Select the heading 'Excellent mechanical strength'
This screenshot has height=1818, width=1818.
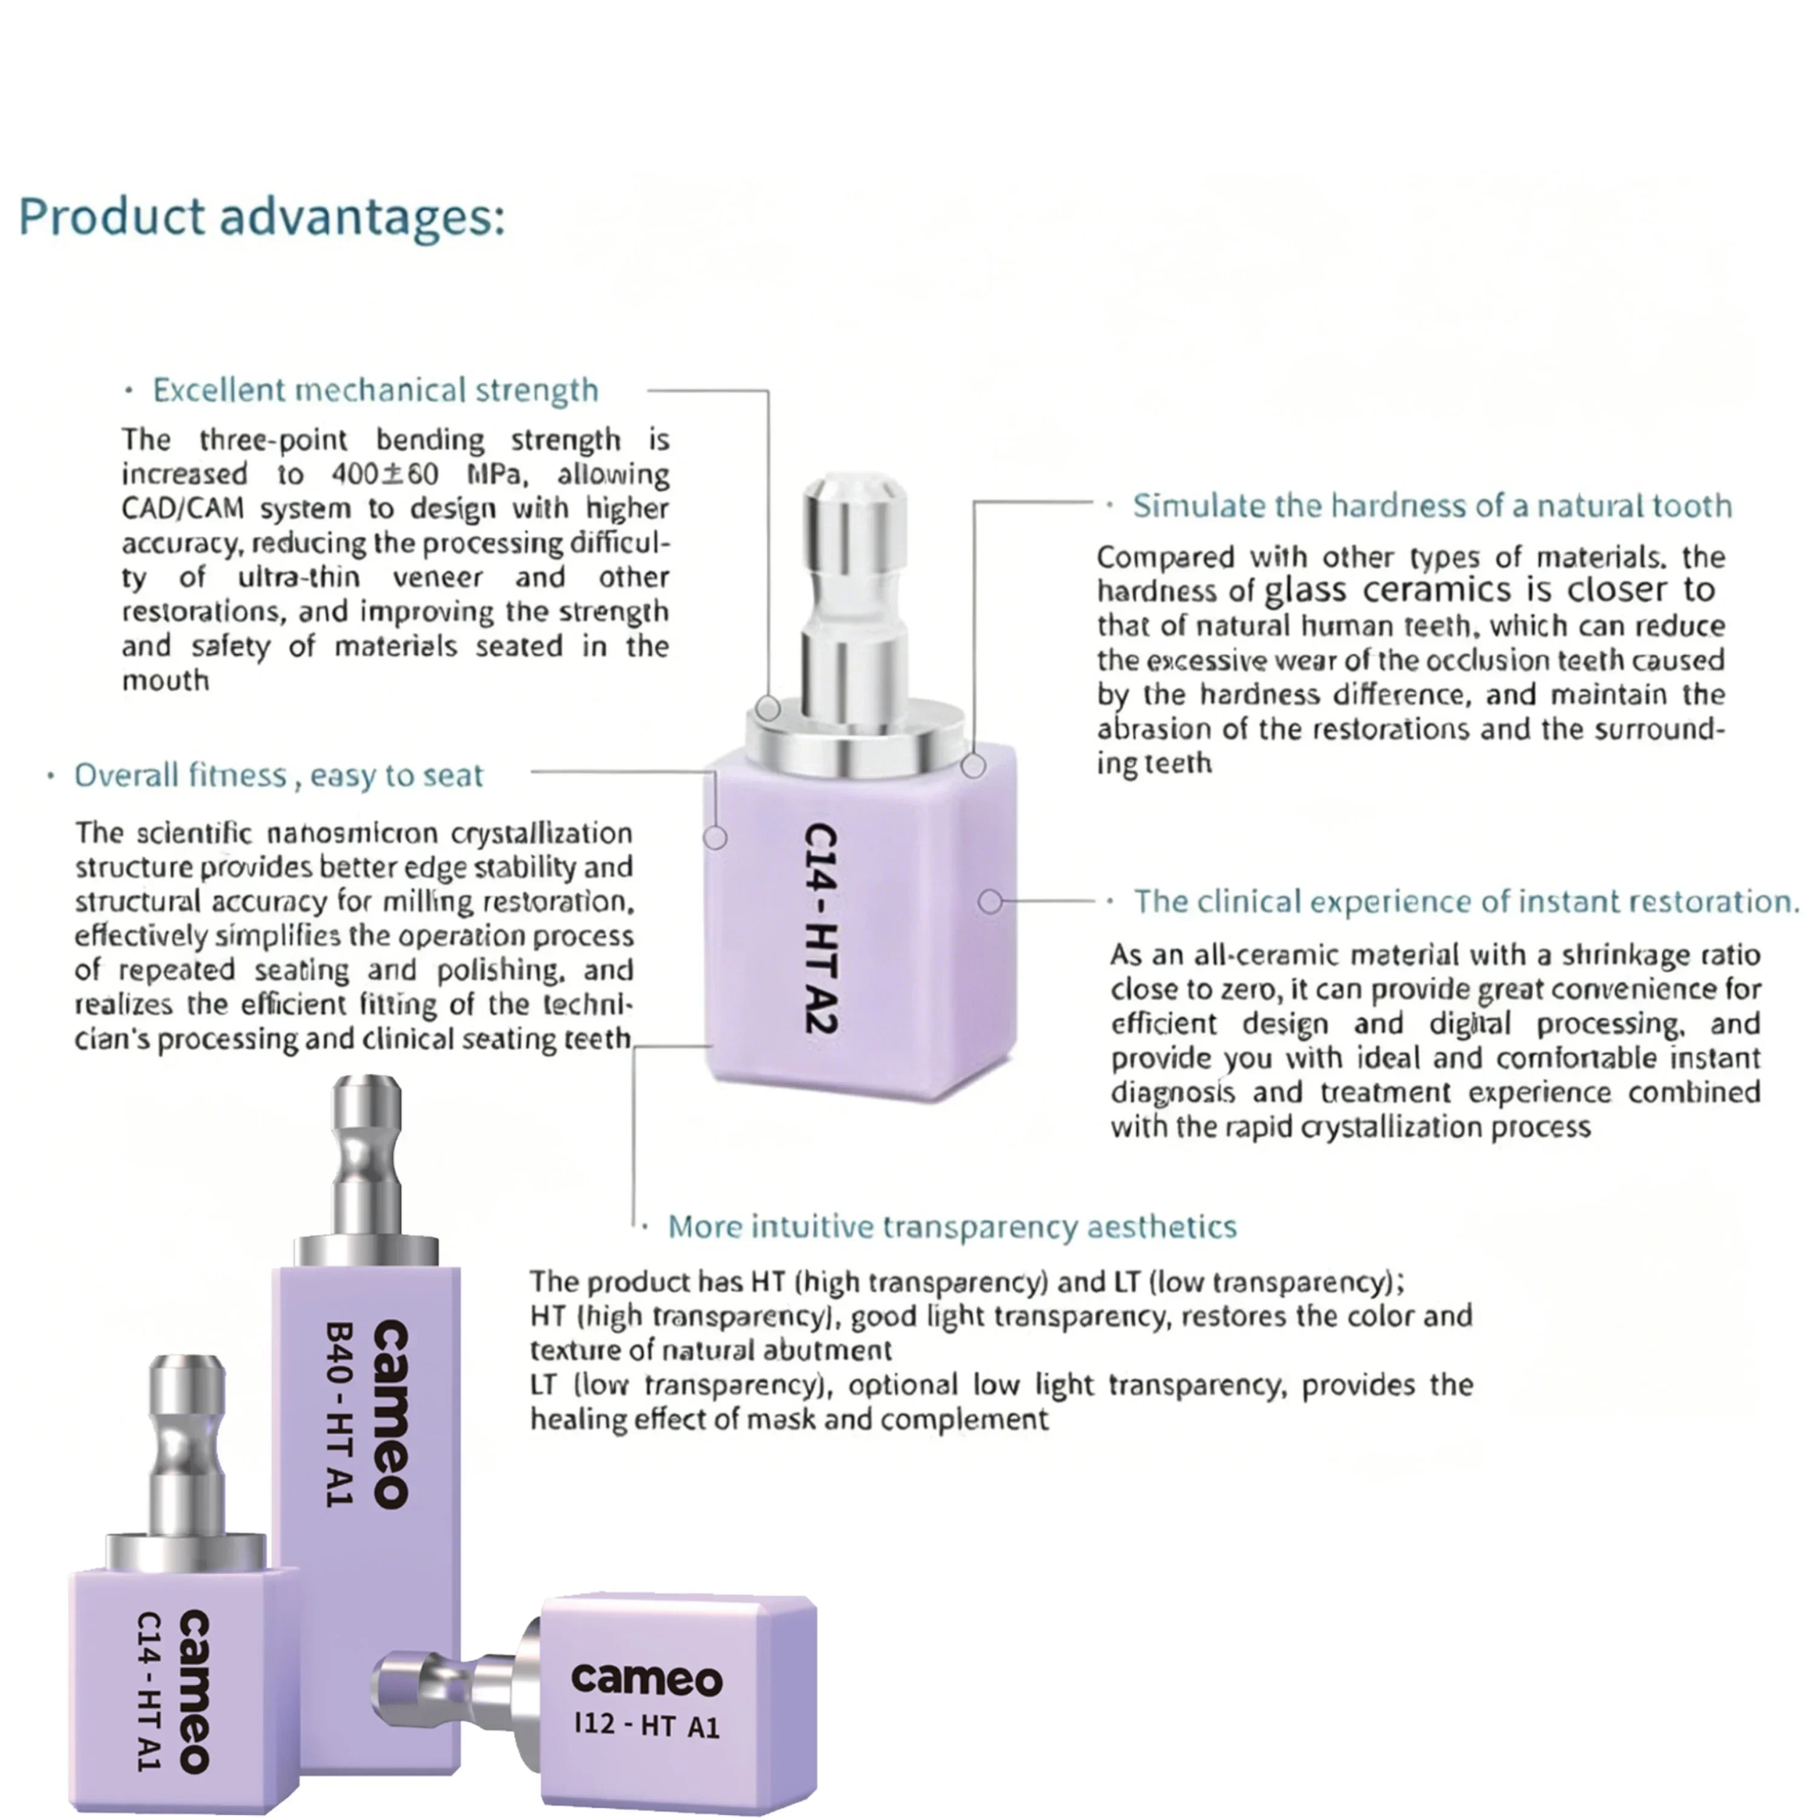[x=376, y=390]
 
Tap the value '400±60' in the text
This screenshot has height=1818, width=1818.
[x=385, y=473]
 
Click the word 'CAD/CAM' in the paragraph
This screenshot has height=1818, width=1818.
[x=182, y=508]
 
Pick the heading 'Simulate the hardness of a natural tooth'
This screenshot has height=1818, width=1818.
[x=1432, y=506]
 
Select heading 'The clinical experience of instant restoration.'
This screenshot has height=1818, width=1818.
[x=1466, y=902]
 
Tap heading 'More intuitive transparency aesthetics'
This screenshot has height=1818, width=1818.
[x=952, y=1227]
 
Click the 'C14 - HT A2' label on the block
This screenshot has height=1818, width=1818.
[x=822, y=930]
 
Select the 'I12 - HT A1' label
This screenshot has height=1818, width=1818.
[x=647, y=1725]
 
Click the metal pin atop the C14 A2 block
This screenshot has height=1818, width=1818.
[x=854, y=602]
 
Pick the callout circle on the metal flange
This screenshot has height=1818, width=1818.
[x=768, y=708]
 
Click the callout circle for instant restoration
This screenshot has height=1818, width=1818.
[x=990, y=902]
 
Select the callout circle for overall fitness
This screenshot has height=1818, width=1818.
[x=715, y=836]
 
